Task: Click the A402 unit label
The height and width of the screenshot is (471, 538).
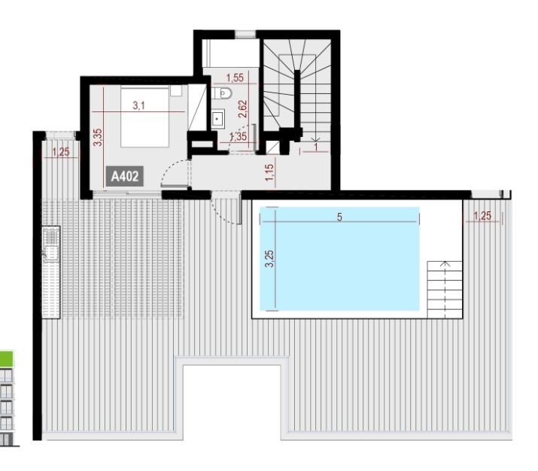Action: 125,176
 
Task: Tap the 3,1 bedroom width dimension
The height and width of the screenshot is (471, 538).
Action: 138,105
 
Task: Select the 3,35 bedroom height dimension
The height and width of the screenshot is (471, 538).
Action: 98,137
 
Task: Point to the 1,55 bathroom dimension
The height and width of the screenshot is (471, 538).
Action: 235,77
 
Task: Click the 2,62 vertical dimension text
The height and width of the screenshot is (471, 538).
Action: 242,109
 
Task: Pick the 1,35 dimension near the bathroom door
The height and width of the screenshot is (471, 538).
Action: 238,136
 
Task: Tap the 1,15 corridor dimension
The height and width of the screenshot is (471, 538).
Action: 269,172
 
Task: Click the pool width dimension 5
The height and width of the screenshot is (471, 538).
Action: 339,217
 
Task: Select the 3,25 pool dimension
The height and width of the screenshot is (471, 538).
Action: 269,259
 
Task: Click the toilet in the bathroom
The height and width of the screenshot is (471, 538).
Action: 222,93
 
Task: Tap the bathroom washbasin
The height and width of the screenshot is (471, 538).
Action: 217,119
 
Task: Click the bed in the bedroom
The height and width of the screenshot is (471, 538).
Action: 144,117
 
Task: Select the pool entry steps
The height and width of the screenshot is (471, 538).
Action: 445,290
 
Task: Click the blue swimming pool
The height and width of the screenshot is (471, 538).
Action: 339,259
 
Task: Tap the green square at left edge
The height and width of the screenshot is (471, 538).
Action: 7,359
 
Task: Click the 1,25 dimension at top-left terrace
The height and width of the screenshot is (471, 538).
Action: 61,152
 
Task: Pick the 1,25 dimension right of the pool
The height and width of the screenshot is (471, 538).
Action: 482,216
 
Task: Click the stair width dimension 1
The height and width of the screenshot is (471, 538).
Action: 316,147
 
